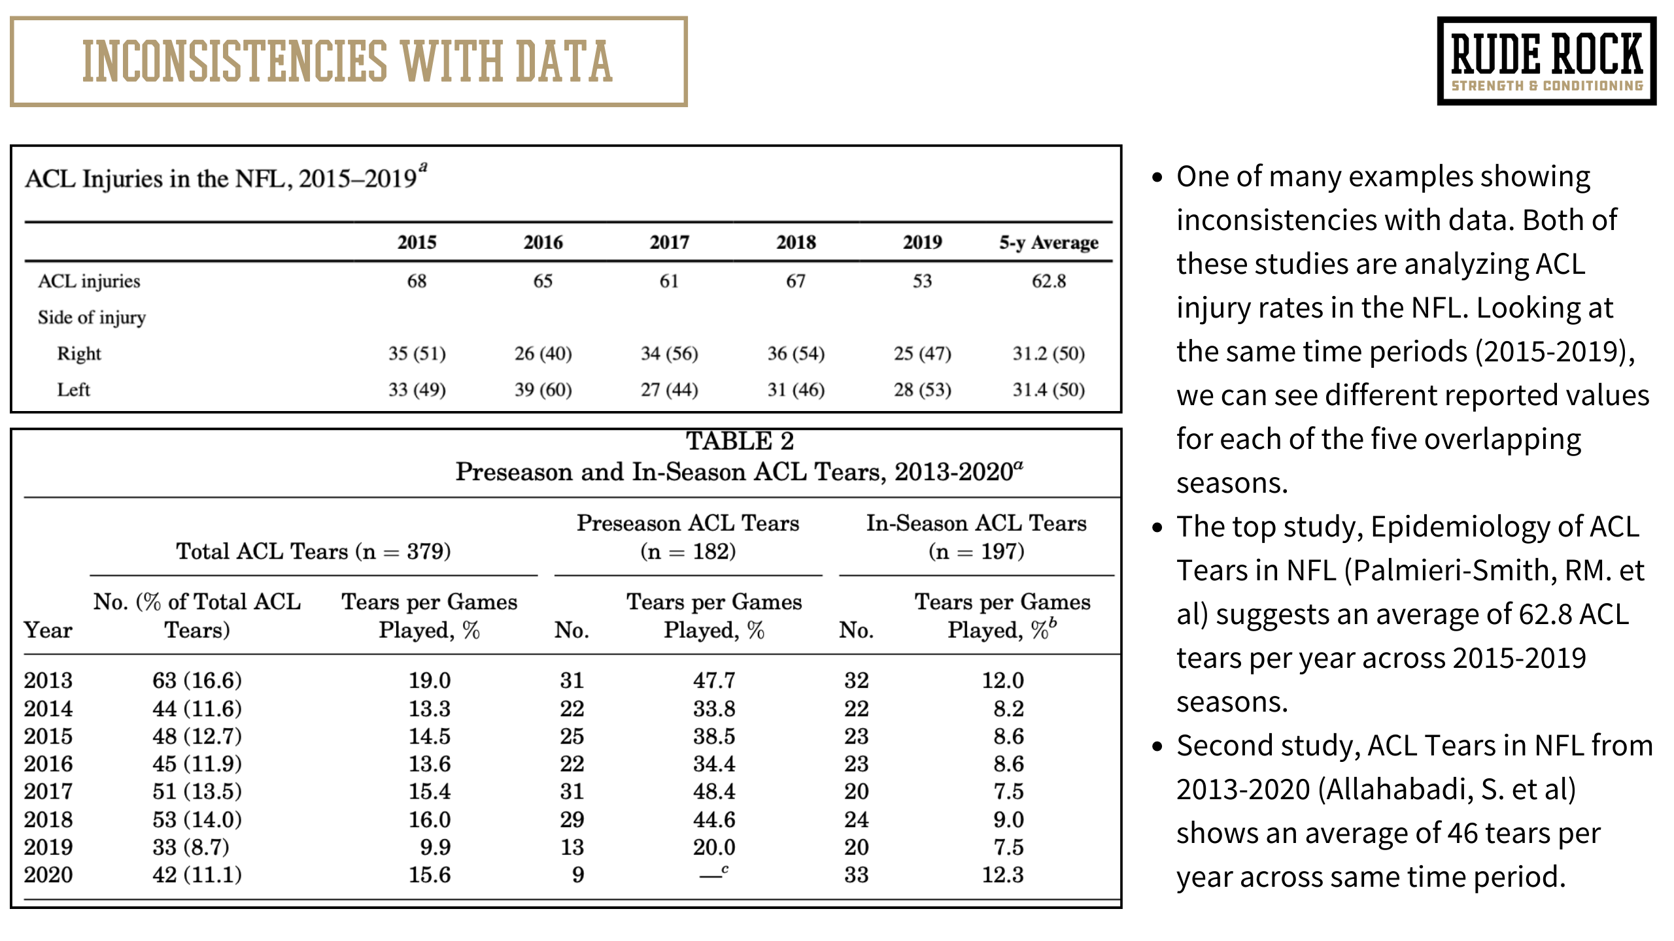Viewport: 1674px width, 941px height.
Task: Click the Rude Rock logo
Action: [1546, 61]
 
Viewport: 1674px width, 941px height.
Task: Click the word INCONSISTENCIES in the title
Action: [235, 62]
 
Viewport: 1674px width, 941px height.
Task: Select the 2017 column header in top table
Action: [669, 242]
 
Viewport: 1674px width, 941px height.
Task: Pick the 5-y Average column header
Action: [1048, 242]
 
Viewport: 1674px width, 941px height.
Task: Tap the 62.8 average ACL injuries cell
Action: [1048, 281]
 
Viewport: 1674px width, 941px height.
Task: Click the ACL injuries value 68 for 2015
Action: [417, 281]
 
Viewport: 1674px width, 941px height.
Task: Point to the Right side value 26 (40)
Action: [543, 354]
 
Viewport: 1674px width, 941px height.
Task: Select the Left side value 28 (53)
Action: [922, 390]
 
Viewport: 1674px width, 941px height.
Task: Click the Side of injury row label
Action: [92, 318]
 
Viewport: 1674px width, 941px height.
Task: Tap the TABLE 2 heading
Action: [739, 441]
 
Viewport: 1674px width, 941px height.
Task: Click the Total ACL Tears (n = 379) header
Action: [313, 552]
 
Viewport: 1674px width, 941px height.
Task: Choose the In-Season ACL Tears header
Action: [976, 523]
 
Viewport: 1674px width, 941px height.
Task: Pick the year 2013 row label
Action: [48, 680]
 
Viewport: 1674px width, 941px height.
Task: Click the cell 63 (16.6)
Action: [197, 680]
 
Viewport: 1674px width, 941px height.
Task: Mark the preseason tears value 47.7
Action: [714, 680]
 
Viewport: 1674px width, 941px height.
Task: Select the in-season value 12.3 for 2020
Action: [1002, 874]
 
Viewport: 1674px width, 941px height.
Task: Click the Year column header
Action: [48, 630]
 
